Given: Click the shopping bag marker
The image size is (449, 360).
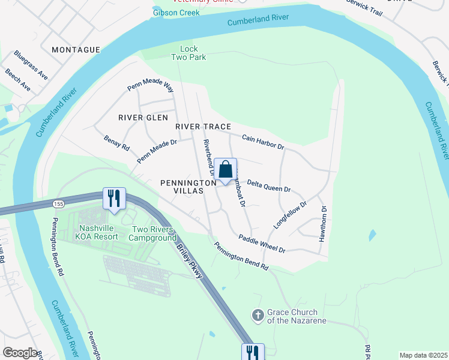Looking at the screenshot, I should coord(226,170).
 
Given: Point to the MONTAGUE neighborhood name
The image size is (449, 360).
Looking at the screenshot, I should coord(76,50).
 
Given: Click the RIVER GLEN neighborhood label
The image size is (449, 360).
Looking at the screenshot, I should coord(143,118).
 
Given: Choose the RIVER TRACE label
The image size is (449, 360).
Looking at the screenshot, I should coord(203,127).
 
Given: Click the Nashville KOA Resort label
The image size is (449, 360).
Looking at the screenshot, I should coord(98,232).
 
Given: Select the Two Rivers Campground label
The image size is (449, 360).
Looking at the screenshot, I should coord(154,233).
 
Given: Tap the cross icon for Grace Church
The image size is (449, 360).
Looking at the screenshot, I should coord(258,315).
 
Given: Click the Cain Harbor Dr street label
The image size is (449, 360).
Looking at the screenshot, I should coord(262,142).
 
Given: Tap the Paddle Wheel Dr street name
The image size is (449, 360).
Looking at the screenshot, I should coord(261,244).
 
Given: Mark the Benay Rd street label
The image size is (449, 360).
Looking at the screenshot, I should coord(116,143).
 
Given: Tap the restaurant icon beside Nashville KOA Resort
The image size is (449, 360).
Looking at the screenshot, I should coord(114,199).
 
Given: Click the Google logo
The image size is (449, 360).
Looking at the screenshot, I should coord(20,353).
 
